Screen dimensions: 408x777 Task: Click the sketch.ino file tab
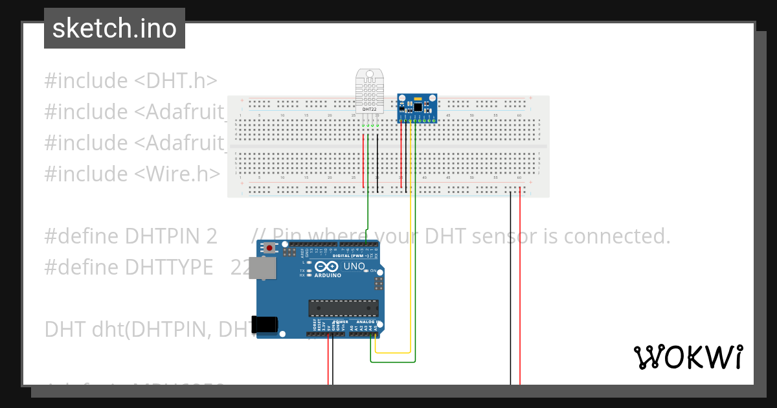click(x=115, y=28)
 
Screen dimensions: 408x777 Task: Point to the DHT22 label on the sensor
click(x=369, y=109)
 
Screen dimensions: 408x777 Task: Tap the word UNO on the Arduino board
click(x=354, y=266)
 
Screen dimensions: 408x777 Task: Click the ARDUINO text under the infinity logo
click(x=328, y=275)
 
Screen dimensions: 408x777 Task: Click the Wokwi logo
click(x=688, y=357)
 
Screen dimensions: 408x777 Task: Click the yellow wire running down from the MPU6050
click(x=411, y=259)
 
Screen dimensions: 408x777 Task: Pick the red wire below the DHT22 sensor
click(x=363, y=162)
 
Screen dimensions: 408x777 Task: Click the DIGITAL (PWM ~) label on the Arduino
click(x=350, y=256)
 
